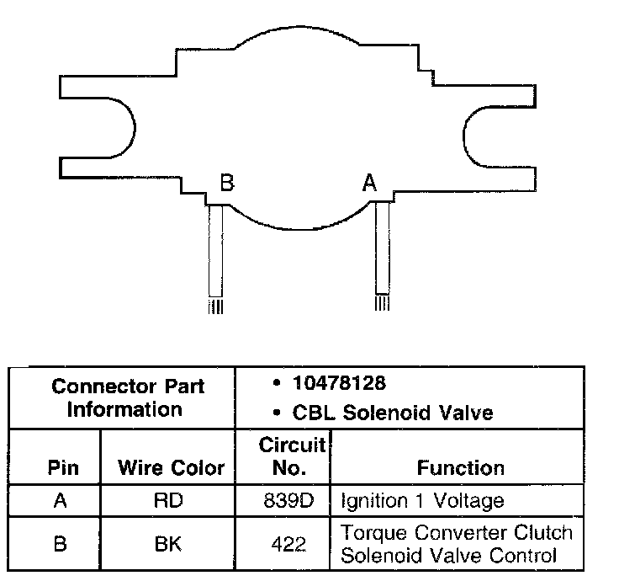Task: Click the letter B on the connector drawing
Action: coord(226,183)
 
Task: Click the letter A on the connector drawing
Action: coord(368,183)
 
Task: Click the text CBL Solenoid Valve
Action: coord(392,413)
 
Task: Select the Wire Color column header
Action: coord(171,467)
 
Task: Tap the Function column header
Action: coord(460,467)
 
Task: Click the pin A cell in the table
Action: coord(60,501)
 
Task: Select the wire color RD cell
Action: coord(167,501)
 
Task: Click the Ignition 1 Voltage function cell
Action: coord(422,501)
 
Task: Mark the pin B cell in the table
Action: coord(60,543)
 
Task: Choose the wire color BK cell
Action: coord(167,543)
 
